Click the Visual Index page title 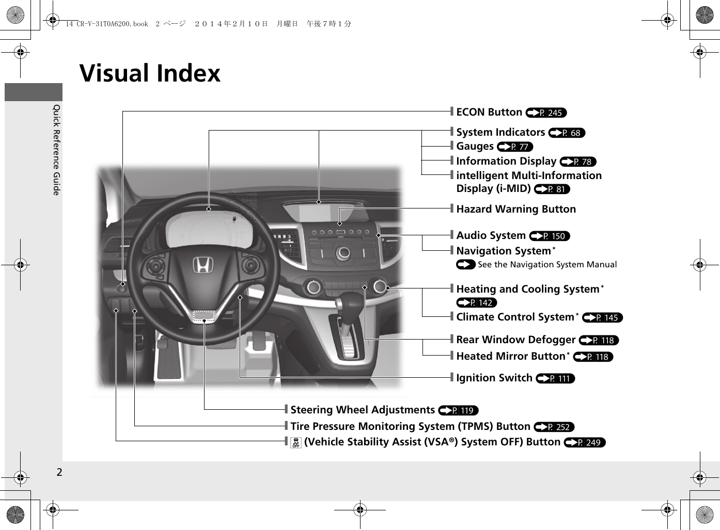150,73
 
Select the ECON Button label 489,112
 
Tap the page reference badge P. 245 546,113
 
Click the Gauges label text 475,147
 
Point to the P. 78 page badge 578,162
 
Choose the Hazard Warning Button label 515,209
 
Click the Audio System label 491,235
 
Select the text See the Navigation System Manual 546,265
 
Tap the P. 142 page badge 476,303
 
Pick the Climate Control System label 515,317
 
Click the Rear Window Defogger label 515,340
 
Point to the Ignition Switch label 494,378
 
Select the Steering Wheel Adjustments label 363,410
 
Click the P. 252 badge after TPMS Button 554,427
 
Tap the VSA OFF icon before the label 296,442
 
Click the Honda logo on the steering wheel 203,265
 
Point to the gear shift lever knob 351,304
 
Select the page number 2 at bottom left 59,472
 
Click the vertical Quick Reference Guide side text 57,150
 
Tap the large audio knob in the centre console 343,253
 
